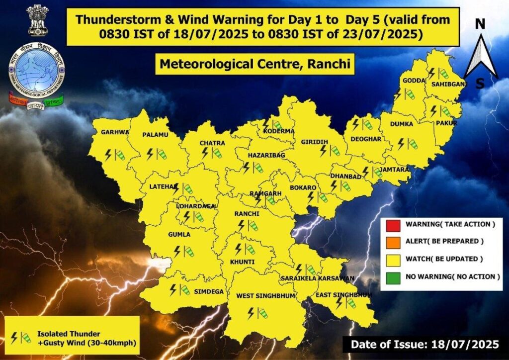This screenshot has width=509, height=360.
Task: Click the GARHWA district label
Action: pos(115,133)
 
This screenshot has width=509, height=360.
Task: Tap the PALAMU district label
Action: pos(155,135)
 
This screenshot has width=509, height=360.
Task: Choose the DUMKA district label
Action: pos(402,125)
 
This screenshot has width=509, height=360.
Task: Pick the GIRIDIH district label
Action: pos(314,142)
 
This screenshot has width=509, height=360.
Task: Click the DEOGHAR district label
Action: pos(366,139)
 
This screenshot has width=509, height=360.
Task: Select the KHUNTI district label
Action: pos(242,262)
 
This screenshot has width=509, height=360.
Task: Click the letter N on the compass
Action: pos(480,24)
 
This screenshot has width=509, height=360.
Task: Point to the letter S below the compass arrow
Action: pos(480,84)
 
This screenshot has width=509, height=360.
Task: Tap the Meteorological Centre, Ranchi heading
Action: pos(254,64)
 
